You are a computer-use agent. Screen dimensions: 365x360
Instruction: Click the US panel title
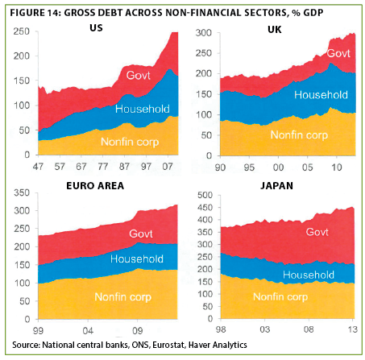[x=96, y=28]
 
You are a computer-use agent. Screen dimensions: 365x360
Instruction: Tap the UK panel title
[x=275, y=30]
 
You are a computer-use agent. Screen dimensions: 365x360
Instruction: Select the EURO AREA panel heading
[x=95, y=186]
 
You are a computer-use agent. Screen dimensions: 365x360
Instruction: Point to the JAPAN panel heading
[x=276, y=186]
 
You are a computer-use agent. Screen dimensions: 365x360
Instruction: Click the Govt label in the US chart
[x=139, y=76]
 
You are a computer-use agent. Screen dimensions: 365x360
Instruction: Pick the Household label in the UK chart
[x=321, y=95]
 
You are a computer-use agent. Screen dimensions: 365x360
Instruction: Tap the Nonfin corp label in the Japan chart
[x=280, y=297]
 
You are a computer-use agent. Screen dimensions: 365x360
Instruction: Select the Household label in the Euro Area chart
[x=137, y=259]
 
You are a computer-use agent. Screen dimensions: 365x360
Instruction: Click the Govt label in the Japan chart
[x=317, y=232]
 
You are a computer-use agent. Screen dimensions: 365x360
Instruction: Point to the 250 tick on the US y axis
[x=22, y=31]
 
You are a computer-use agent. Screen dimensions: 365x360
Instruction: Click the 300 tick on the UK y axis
[x=204, y=33]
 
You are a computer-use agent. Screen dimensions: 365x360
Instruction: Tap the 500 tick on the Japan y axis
[x=205, y=195]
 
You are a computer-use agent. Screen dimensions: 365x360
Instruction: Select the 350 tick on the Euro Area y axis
[x=22, y=192]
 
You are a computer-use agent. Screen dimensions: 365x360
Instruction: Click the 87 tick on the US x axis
[x=124, y=167]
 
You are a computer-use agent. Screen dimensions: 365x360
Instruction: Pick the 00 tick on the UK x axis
[x=278, y=168]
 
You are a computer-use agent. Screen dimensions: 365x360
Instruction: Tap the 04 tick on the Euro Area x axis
[x=88, y=331]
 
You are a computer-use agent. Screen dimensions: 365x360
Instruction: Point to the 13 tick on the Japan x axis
[x=353, y=329]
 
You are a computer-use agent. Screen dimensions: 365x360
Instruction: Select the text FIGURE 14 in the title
[x=35, y=13]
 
